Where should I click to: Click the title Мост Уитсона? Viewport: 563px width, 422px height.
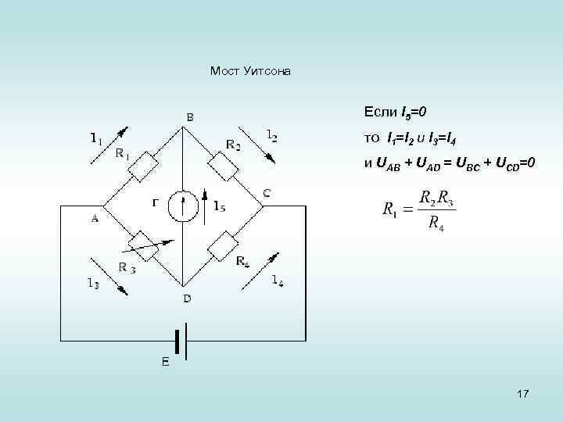tap(250, 71)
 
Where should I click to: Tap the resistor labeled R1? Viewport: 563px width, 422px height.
tap(145, 166)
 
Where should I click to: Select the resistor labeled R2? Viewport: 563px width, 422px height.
tap(223, 166)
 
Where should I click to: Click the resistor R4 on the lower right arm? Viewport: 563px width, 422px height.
tap(223, 245)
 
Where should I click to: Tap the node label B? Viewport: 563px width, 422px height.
tap(190, 118)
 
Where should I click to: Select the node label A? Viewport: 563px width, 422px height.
tap(95, 219)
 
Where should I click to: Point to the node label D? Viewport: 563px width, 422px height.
tap(187, 298)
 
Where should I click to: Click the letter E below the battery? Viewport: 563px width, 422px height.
tap(164, 362)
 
